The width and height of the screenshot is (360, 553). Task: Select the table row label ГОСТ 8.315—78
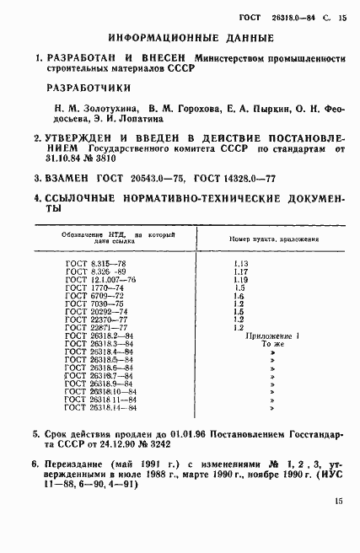coord(96,264)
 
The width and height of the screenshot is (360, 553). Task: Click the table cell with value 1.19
coord(240,280)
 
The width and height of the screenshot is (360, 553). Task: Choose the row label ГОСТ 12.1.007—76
coord(100,280)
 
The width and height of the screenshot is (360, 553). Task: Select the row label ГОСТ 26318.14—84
coord(100,408)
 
